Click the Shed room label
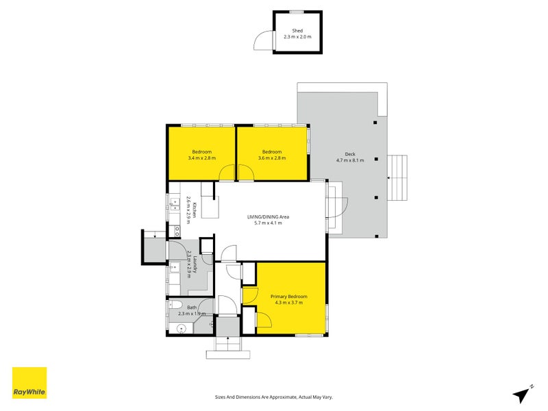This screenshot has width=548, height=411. point(297,31)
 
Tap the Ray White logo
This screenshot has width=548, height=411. point(29,383)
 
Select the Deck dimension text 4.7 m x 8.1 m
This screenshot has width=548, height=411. point(350,160)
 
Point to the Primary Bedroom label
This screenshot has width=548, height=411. point(288,297)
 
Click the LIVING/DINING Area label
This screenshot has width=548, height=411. point(268,216)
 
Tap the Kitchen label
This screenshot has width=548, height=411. point(195,210)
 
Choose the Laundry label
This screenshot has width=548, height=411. point(195,264)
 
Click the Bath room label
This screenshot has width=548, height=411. point(192,308)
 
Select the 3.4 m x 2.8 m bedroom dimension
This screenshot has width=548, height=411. point(201,158)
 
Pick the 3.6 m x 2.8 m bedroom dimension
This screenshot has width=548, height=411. point(272,158)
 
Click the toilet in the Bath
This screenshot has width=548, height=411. point(174,304)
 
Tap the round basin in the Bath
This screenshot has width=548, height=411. point(181,329)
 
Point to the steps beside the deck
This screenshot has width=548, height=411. point(397,177)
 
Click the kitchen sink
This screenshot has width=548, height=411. point(175,205)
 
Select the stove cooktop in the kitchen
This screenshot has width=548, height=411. point(175,231)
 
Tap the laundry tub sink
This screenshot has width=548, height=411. point(174,268)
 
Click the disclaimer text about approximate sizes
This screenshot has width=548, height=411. point(273,397)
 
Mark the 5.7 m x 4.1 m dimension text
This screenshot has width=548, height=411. point(268,223)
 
